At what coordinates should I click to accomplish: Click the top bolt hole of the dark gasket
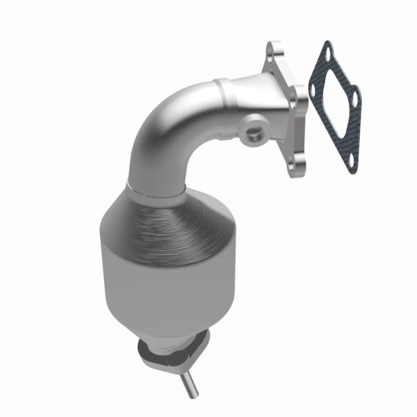coord(327,53)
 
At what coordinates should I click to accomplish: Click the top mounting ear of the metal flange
coord(273,51)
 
